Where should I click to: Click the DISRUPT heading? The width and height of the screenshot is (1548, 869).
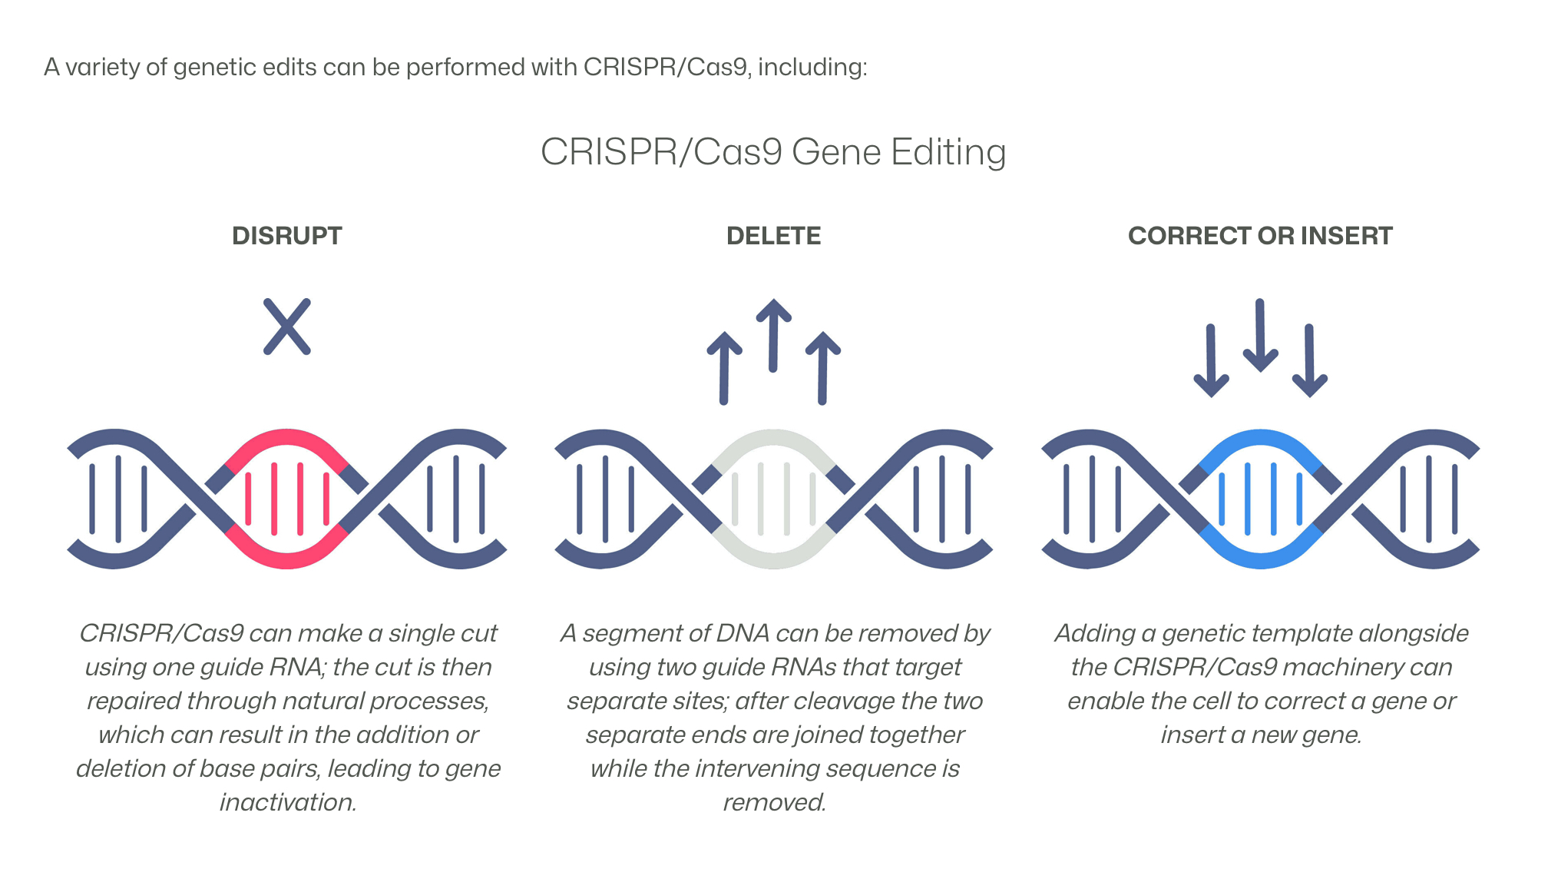286,236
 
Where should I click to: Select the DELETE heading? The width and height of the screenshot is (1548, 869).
773,236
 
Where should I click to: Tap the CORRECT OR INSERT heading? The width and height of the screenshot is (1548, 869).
1260,236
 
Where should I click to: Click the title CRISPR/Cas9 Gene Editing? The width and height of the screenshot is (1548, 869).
773,152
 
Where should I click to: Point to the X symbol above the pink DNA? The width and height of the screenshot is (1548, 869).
287,327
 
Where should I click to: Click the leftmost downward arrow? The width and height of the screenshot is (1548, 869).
1211,361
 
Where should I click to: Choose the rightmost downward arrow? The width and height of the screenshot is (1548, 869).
1309,361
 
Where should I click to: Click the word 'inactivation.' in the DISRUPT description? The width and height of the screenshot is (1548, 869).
288,802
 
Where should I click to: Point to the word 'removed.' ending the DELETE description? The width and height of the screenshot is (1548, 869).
774,802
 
